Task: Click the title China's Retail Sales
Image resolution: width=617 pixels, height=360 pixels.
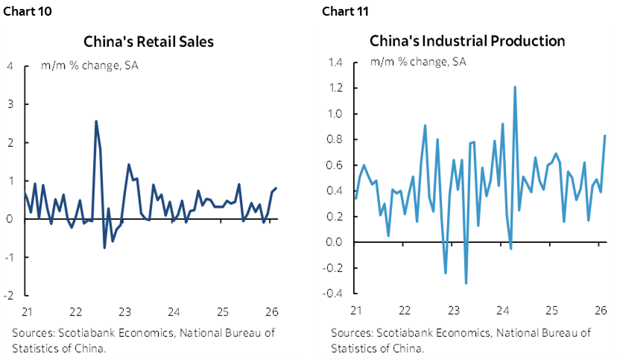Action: (148, 41)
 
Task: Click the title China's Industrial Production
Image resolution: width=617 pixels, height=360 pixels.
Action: (467, 40)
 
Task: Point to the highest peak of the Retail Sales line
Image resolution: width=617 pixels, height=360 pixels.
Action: (95, 121)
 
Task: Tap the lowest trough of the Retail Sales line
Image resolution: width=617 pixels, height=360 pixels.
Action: (104, 247)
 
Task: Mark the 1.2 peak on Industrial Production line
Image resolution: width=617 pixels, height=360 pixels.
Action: (515, 87)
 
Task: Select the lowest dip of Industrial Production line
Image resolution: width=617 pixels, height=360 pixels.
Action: (466, 283)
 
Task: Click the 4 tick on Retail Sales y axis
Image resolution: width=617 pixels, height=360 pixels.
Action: (10, 66)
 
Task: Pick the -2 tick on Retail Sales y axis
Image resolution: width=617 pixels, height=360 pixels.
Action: (8, 296)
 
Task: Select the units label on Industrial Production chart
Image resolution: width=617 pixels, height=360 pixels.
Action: (418, 62)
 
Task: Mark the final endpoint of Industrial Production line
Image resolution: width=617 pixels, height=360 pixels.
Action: (605, 136)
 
